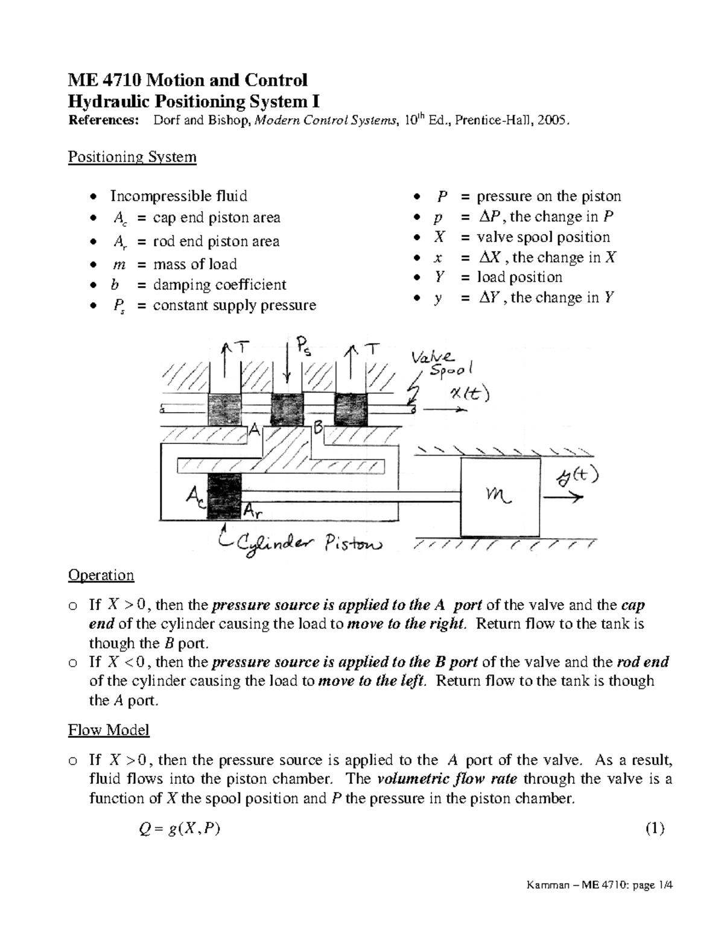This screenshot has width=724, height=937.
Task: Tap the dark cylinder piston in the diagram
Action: [223, 497]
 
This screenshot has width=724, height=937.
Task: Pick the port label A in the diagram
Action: [255, 429]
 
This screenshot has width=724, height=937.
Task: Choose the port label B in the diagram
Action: [317, 429]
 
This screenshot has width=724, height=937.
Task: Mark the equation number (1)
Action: [655, 828]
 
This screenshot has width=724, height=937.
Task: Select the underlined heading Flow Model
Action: [109, 730]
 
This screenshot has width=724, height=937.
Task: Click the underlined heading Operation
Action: [101, 575]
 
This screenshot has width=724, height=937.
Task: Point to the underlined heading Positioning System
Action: [132, 157]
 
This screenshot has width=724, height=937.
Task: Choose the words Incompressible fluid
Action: [179, 196]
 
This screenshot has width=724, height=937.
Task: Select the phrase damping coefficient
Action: [220, 285]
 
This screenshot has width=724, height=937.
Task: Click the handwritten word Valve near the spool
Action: [433, 357]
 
